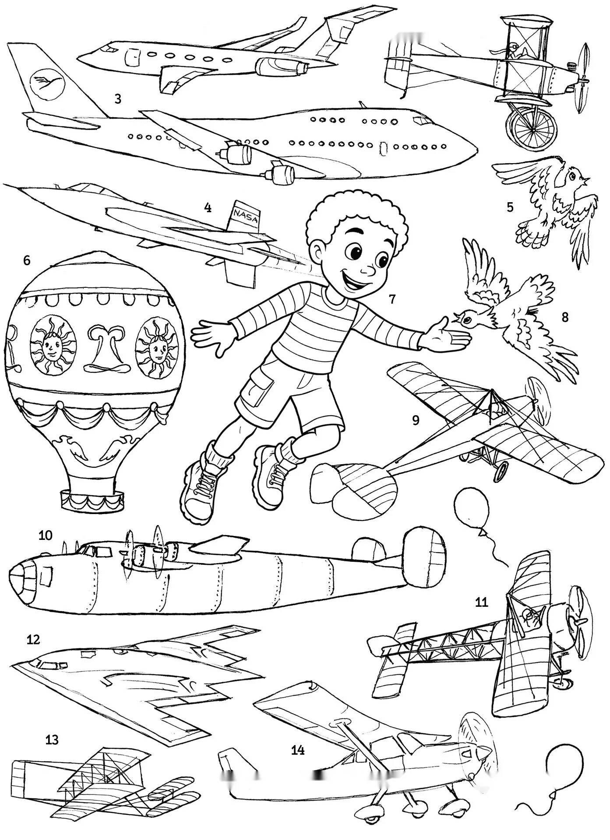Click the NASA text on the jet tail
coord(246,216)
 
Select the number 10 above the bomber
coord(46,535)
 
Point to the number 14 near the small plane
coord(298,750)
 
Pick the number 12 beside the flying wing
coord(33,639)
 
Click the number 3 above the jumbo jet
coord(117,99)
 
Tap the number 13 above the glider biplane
coord(52,740)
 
